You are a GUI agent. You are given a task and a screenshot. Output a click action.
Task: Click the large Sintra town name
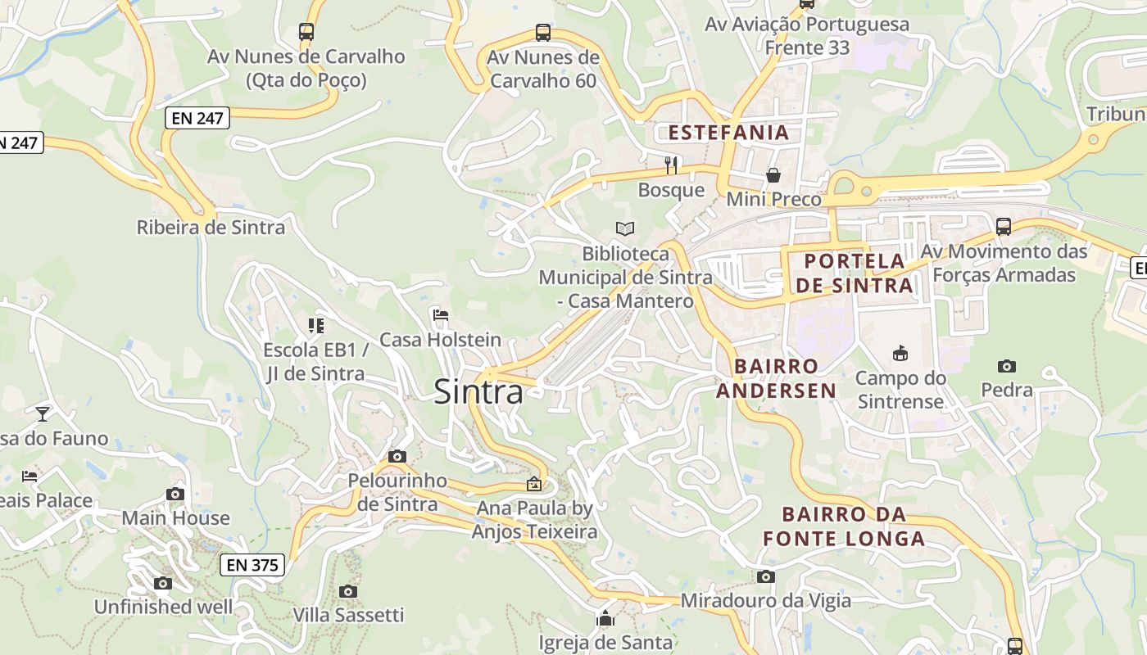point(478,391)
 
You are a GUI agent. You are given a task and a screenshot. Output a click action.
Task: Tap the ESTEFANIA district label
point(728,133)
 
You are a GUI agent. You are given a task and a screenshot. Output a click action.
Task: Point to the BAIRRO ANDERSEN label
point(777,377)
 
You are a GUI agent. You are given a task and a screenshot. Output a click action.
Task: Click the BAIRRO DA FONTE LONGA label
point(844,526)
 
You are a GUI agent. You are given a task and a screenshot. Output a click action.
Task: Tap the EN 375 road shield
point(253,564)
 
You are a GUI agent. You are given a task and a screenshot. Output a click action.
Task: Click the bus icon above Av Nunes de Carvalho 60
point(543,33)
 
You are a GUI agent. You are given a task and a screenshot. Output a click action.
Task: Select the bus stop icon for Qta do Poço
point(306,32)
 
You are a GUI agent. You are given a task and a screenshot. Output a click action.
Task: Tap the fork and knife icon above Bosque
point(672,165)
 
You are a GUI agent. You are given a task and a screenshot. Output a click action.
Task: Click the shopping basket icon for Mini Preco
point(773,174)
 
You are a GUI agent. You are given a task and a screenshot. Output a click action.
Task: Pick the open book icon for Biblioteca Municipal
point(625,228)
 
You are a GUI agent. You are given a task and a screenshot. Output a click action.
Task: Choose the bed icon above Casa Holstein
point(441,314)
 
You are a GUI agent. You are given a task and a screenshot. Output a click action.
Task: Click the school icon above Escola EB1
point(316,325)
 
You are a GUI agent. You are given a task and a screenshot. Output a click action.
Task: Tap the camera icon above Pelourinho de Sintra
point(397,456)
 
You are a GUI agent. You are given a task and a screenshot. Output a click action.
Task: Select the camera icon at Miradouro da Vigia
point(766,576)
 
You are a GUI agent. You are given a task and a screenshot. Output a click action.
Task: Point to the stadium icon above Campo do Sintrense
point(900,353)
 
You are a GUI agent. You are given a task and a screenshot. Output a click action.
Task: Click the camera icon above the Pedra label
point(1007,366)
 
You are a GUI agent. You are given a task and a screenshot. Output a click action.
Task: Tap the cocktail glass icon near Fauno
point(43,413)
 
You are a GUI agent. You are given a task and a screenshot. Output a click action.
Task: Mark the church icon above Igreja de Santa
point(605,618)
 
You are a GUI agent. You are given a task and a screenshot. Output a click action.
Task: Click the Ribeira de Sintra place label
point(211,228)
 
